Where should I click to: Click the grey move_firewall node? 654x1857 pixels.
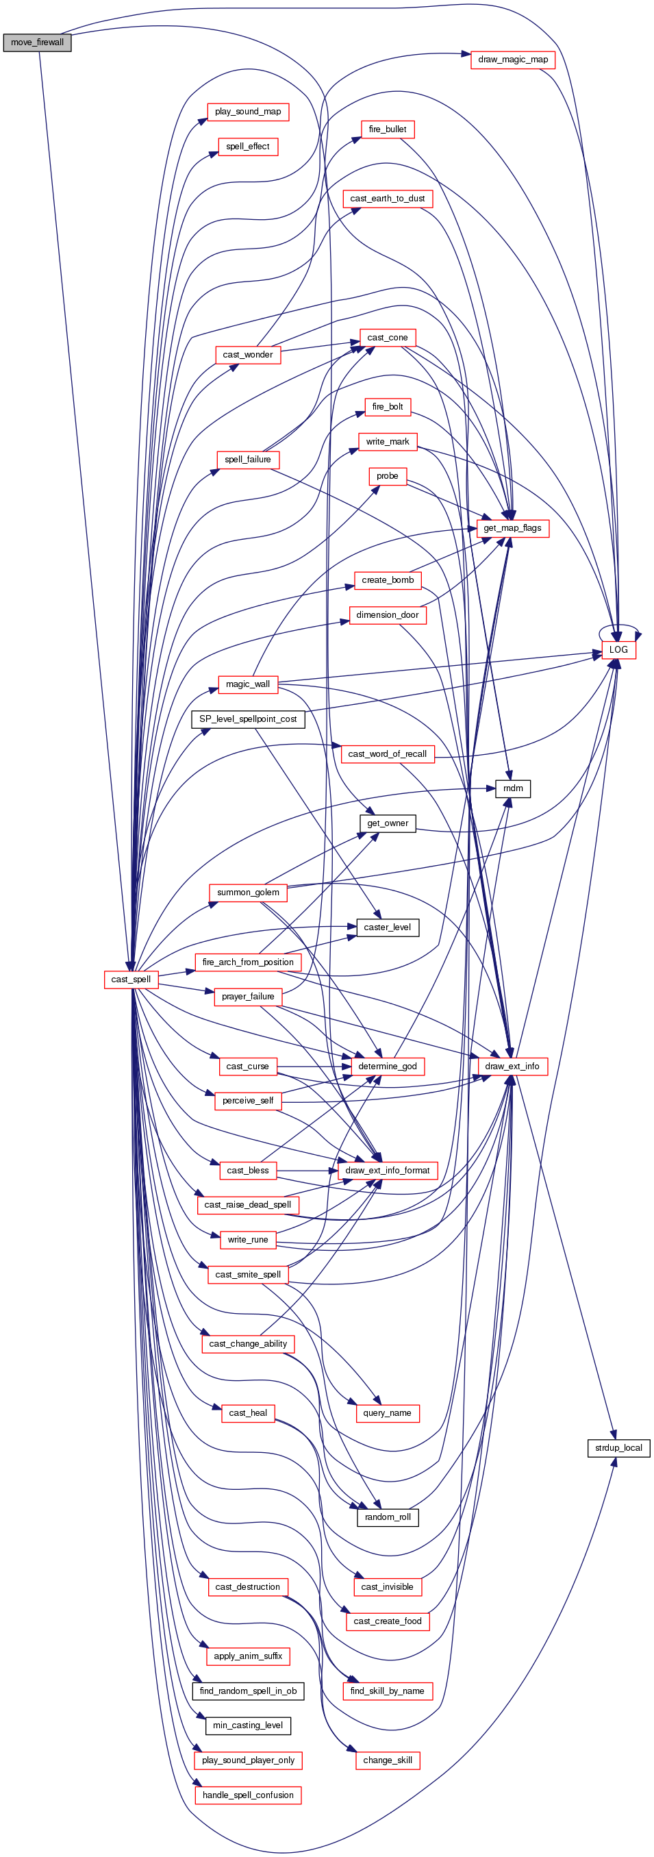click(x=37, y=42)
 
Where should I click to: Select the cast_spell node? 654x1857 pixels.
click(x=131, y=979)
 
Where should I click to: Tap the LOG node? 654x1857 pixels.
click(x=618, y=649)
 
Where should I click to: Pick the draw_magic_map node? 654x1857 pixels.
click(x=513, y=60)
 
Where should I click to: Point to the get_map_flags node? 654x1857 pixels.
click(x=512, y=527)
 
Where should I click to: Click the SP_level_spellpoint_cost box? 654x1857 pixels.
click(x=247, y=719)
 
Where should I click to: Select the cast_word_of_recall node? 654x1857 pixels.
click(x=387, y=754)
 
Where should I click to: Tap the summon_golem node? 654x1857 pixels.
click(x=248, y=893)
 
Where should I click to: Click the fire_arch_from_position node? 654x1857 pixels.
click(x=247, y=962)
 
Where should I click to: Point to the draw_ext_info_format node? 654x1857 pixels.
click(x=387, y=1170)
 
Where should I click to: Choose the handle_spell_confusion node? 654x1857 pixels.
click(x=247, y=1794)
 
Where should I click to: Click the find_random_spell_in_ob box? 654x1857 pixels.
click(x=247, y=1691)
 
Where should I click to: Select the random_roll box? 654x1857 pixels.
click(x=387, y=1517)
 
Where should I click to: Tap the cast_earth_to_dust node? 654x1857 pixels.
click(x=387, y=198)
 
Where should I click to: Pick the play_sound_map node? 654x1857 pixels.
click(x=247, y=112)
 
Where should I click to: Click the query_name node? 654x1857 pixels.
click(x=387, y=1412)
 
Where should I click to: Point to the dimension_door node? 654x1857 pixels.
click(x=387, y=615)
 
